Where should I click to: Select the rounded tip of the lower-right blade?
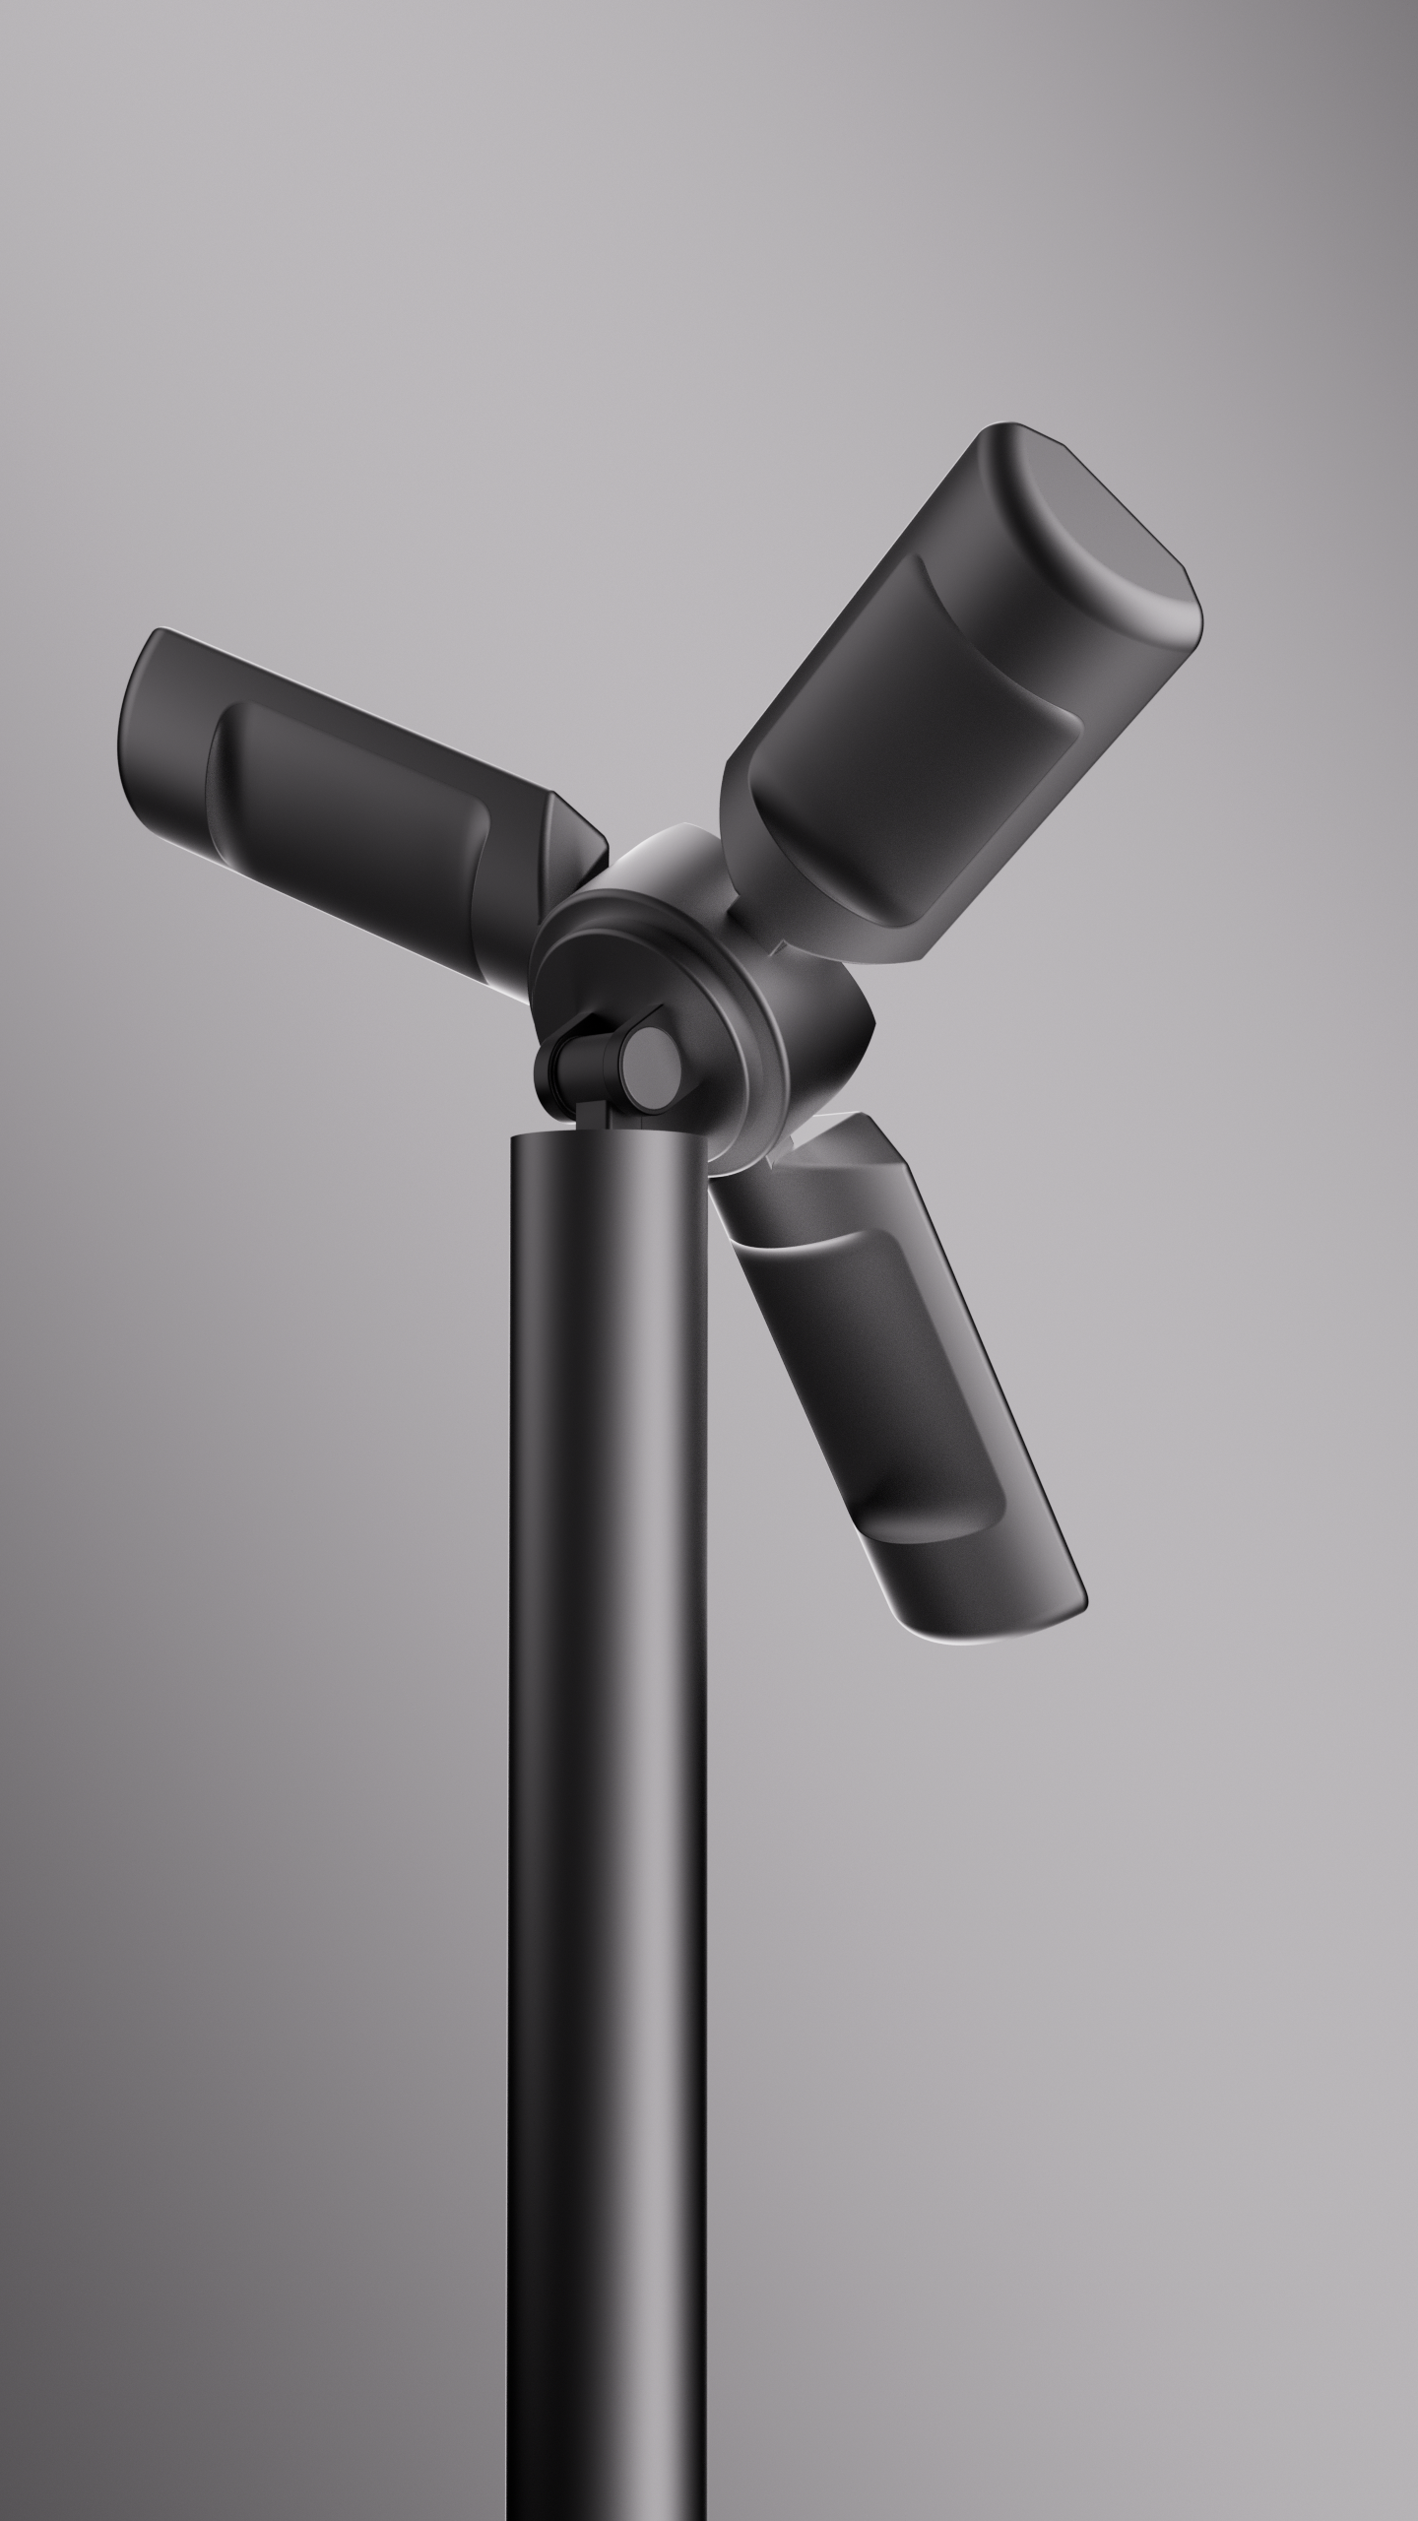click(995, 1615)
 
